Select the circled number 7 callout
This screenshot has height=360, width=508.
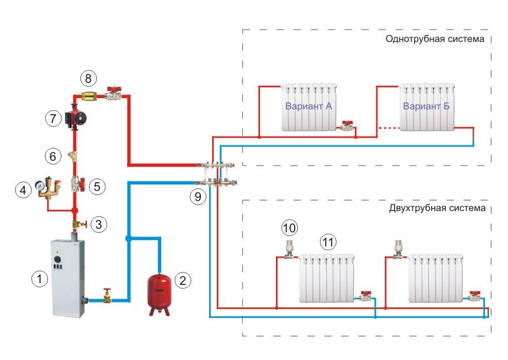(x=54, y=118)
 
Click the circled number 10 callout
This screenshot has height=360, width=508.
(x=289, y=227)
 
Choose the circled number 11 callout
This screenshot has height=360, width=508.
(x=327, y=241)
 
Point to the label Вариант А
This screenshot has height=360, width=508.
(x=309, y=106)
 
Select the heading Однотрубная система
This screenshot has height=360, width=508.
(x=434, y=40)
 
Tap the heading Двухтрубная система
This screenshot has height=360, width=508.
(x=437, y=208)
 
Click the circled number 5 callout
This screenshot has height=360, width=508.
(x=98, y=186)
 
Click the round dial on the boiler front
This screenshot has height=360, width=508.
(x=58, y=258)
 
